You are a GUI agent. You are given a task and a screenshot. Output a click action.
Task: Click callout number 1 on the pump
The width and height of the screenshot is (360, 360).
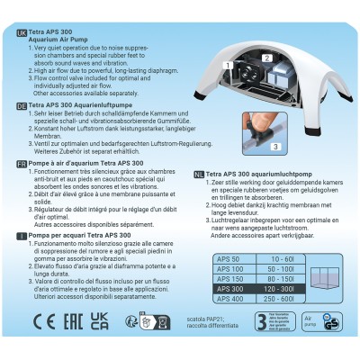tap(229, 65)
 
